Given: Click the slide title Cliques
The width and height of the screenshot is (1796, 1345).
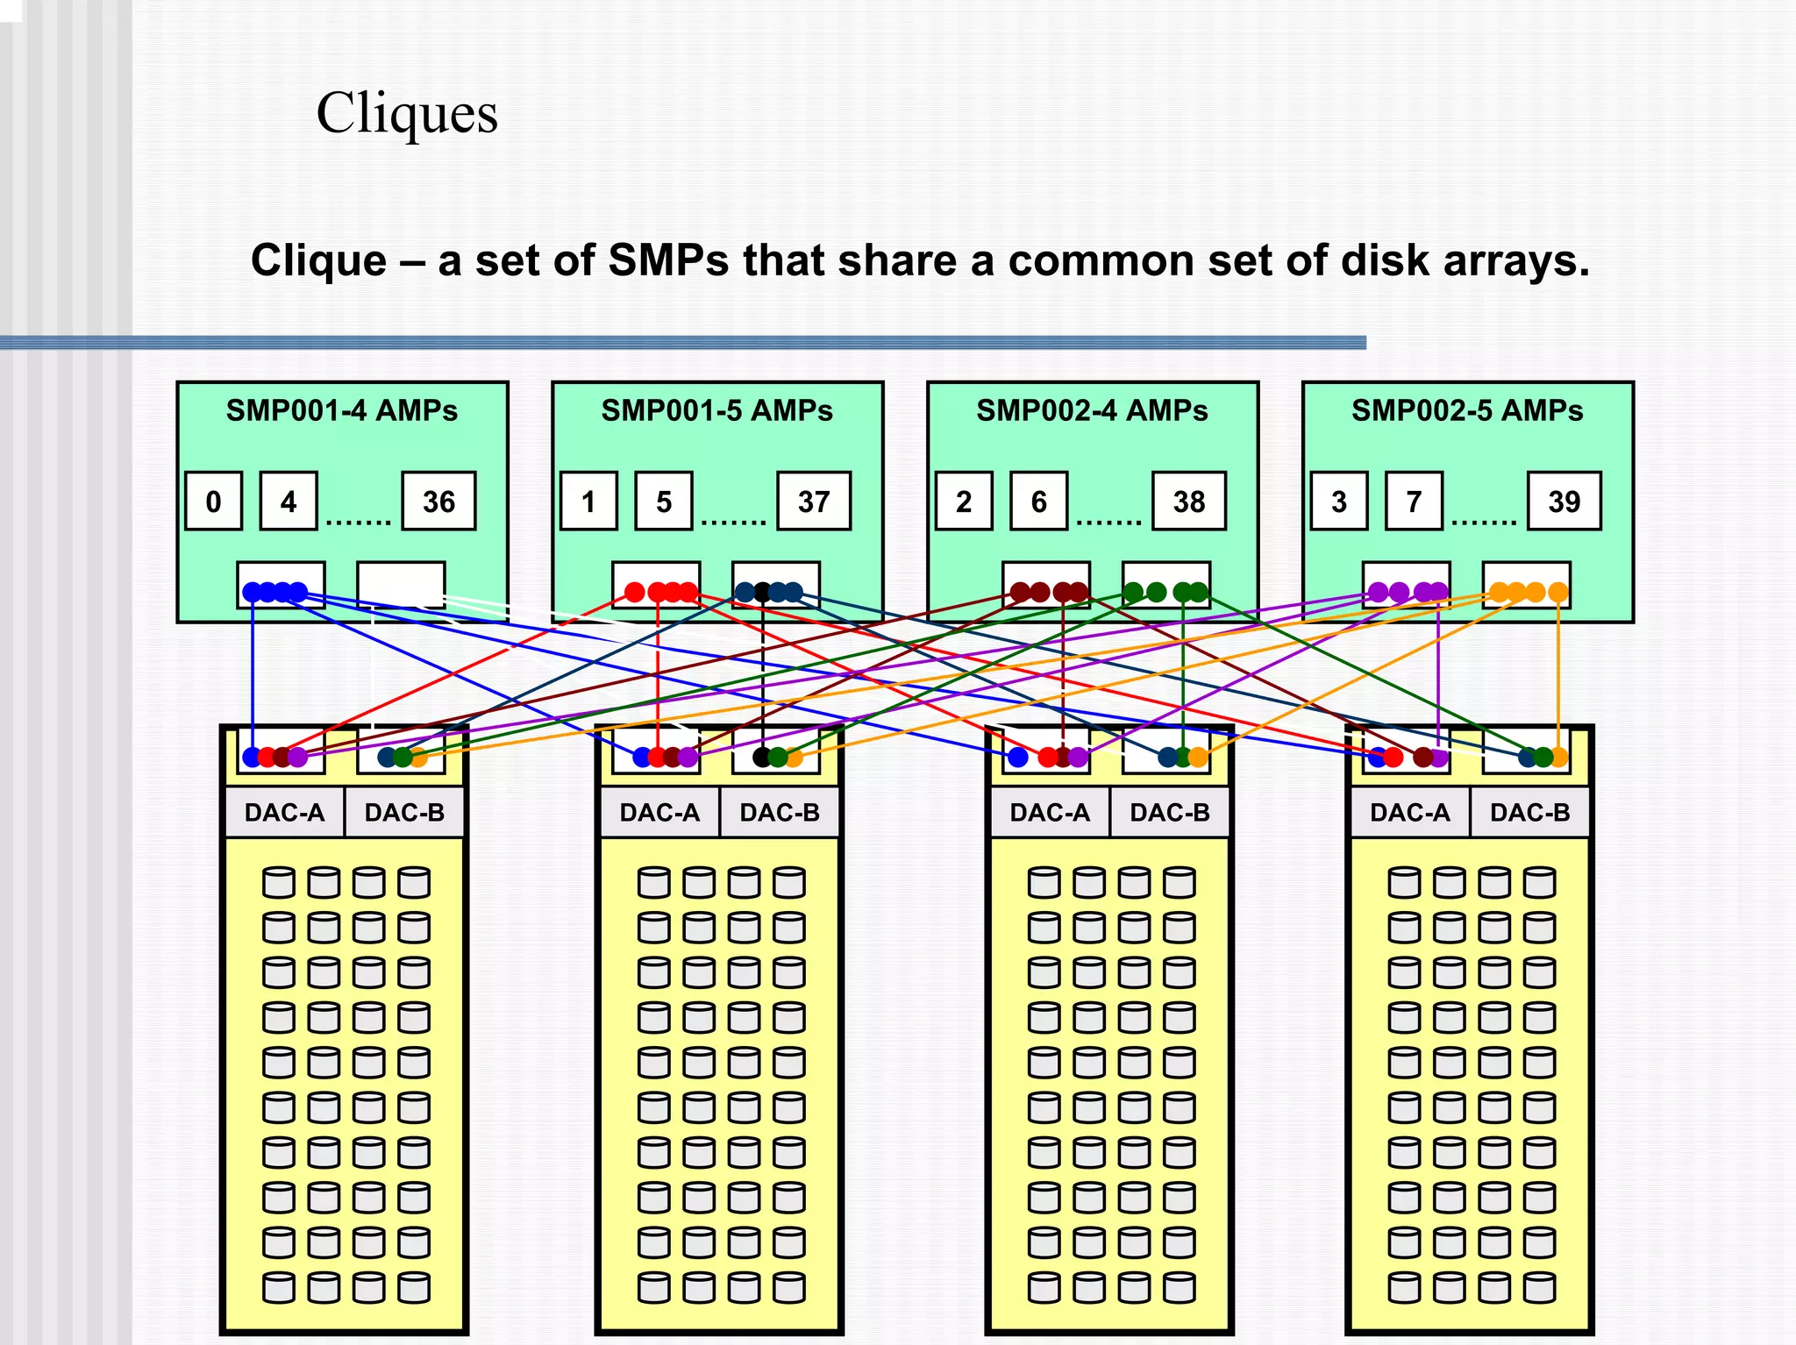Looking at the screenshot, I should (x=407, y=114).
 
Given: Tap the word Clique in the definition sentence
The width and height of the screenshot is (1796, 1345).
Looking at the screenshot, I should (x=318, y=260).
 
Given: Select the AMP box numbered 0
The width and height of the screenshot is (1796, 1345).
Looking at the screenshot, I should (x=213, y=502).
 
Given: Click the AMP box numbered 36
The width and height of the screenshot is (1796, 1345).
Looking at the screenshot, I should (x=438, y=502).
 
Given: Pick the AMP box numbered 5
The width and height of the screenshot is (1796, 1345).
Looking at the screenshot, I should (x=664, y=502).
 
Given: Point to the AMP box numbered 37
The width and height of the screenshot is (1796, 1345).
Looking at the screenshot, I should (x=814, y=502).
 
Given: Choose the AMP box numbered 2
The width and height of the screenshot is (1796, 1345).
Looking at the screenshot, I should (x=964, y=502).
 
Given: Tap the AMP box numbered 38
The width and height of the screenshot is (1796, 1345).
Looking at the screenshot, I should (x=1189, y=502).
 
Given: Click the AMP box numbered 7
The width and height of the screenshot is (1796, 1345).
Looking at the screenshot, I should (x=1414, y=502).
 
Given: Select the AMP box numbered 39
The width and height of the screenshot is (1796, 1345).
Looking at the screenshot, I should (x=1564, y=502).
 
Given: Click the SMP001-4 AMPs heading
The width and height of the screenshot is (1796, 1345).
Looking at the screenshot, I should (x=342, y=410).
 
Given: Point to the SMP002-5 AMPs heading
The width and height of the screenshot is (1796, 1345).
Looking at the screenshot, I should (x=1467, y=410).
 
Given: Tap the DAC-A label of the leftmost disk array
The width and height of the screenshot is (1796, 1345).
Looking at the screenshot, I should (x=284, y=813).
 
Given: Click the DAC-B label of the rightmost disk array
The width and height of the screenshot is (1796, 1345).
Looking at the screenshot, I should (x=1530, y=813).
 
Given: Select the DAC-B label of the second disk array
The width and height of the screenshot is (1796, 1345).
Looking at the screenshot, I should (x=780, y=813).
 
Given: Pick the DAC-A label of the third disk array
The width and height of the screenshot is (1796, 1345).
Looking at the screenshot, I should (x=1050, y=813).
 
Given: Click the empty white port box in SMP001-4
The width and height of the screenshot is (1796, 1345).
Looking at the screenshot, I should (x=401, y=582).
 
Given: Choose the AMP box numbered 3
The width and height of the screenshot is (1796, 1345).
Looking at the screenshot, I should (x=1339, y=502).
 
